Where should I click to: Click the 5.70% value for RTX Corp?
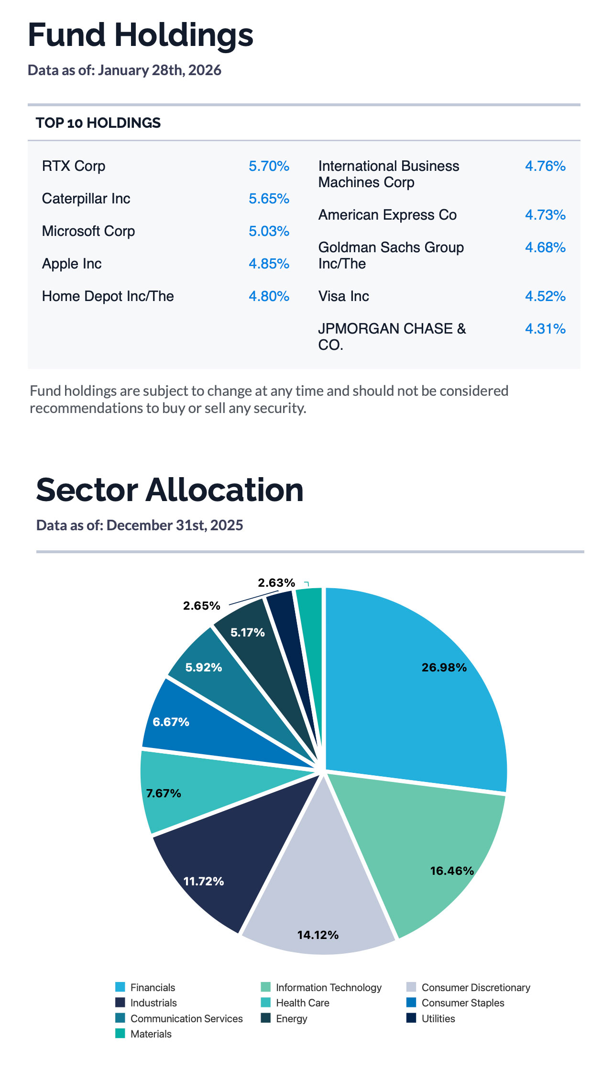tap(269, 166)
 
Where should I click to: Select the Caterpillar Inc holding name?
tap(86, 199)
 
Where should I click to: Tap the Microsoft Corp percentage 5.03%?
tap(269, 231)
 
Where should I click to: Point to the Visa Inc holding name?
tap(343, 296)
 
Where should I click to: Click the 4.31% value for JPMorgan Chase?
tap(545, 329)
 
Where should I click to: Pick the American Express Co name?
tap(387, 215)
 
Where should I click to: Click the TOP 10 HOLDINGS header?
tap(98, 123)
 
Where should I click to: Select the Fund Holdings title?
tap(141, 35)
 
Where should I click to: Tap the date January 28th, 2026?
tap(159, 70)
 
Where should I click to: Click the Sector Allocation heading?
tap(170, 490)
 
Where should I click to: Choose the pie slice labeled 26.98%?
tap(421, 680)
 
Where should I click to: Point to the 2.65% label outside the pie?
tap(201, 606)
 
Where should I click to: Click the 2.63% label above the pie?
tap(276, 583)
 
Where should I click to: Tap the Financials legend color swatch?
tap(120, 987)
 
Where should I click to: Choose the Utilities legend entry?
tap(438, 1018)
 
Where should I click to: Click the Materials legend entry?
tap(151, 1034)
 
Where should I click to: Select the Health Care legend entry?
tap(302, 1003)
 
